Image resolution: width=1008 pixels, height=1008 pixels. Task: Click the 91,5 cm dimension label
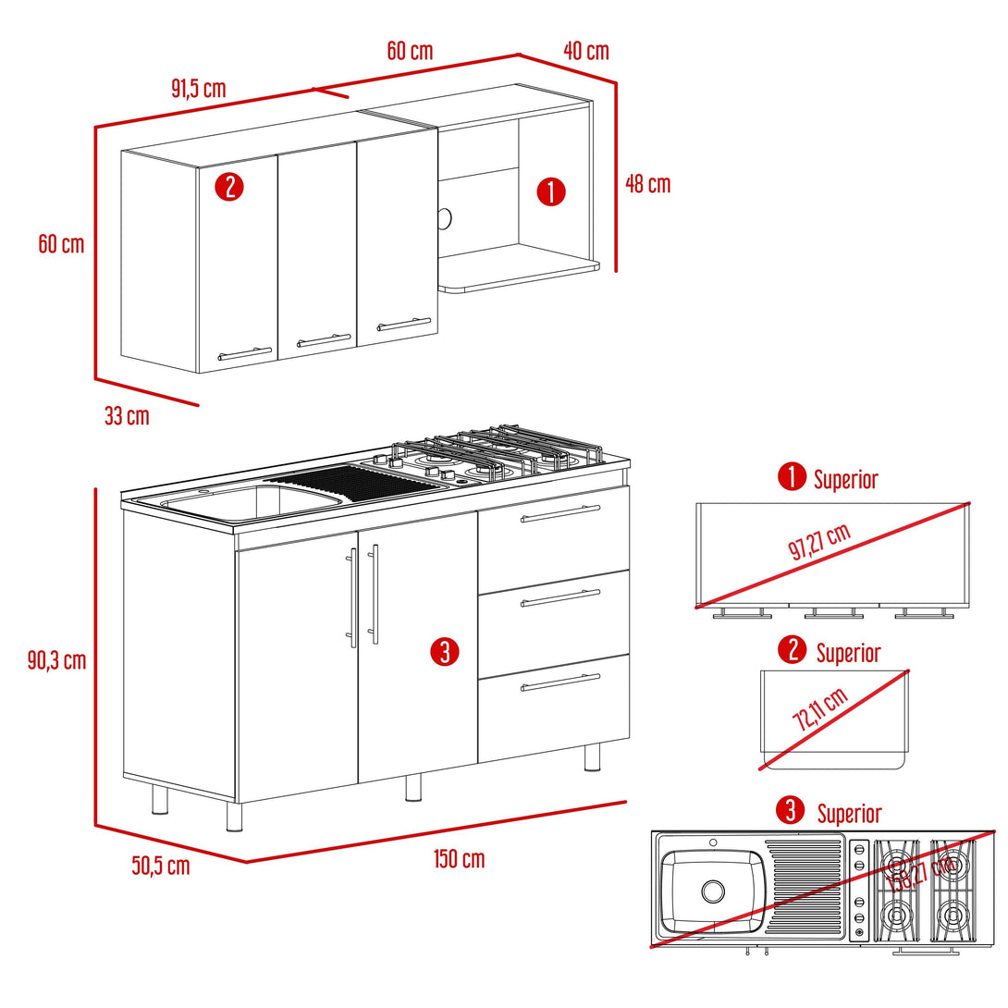(198, 89)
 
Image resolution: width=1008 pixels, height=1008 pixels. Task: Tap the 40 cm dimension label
(585, 50)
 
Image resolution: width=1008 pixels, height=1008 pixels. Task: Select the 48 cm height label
(647, 183)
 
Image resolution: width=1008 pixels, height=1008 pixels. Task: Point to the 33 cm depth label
(127, 416)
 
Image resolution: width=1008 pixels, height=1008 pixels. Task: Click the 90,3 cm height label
(56, 660)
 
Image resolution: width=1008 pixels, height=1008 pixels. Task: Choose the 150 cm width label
(459, 859)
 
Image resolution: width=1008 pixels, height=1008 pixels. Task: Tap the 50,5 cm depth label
(160, 866)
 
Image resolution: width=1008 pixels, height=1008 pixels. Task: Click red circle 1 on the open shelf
(551, 192)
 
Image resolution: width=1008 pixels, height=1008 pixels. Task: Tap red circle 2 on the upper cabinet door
(228, 187)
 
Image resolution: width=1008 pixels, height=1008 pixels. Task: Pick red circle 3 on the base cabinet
(444, 652)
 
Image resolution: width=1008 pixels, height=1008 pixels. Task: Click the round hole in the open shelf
(445, 218)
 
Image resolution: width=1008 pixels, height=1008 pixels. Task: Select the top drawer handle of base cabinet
(559, 513)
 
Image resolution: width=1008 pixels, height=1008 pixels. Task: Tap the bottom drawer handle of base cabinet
(559, 682)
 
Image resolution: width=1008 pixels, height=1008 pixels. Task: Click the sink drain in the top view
(712, 891)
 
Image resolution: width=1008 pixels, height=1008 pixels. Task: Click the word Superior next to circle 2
(848, 653)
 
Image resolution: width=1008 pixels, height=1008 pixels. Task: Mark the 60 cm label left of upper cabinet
(61, 244)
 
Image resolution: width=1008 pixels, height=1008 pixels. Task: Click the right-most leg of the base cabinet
(592, 756)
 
